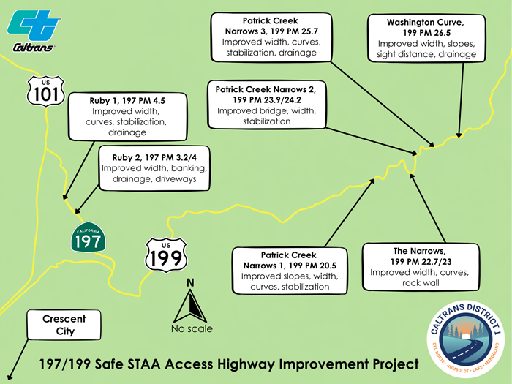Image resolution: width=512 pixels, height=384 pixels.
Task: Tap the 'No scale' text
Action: click(x=192, y=328)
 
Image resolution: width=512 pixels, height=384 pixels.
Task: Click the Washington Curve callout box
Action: click(x=426, y=39)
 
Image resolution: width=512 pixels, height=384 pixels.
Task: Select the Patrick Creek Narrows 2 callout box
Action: click(x=266, y=105)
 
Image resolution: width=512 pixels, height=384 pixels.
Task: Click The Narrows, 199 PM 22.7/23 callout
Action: click(x=419, y=267)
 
